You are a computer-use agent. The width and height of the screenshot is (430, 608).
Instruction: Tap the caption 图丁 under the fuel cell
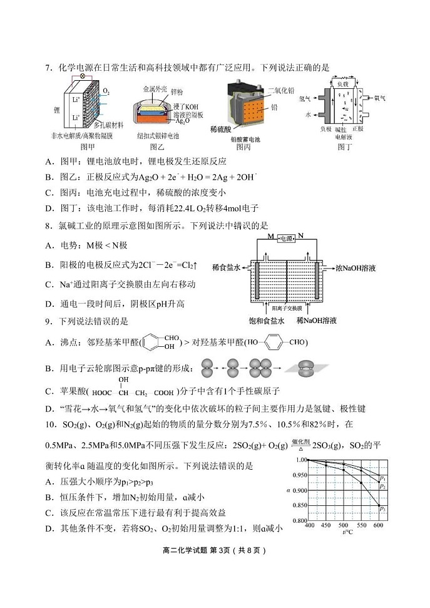(345, 147)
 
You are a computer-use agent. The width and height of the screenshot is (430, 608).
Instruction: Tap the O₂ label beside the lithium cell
(106, 91)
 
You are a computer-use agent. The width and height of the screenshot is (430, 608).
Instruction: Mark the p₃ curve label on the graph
(382, 508)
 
